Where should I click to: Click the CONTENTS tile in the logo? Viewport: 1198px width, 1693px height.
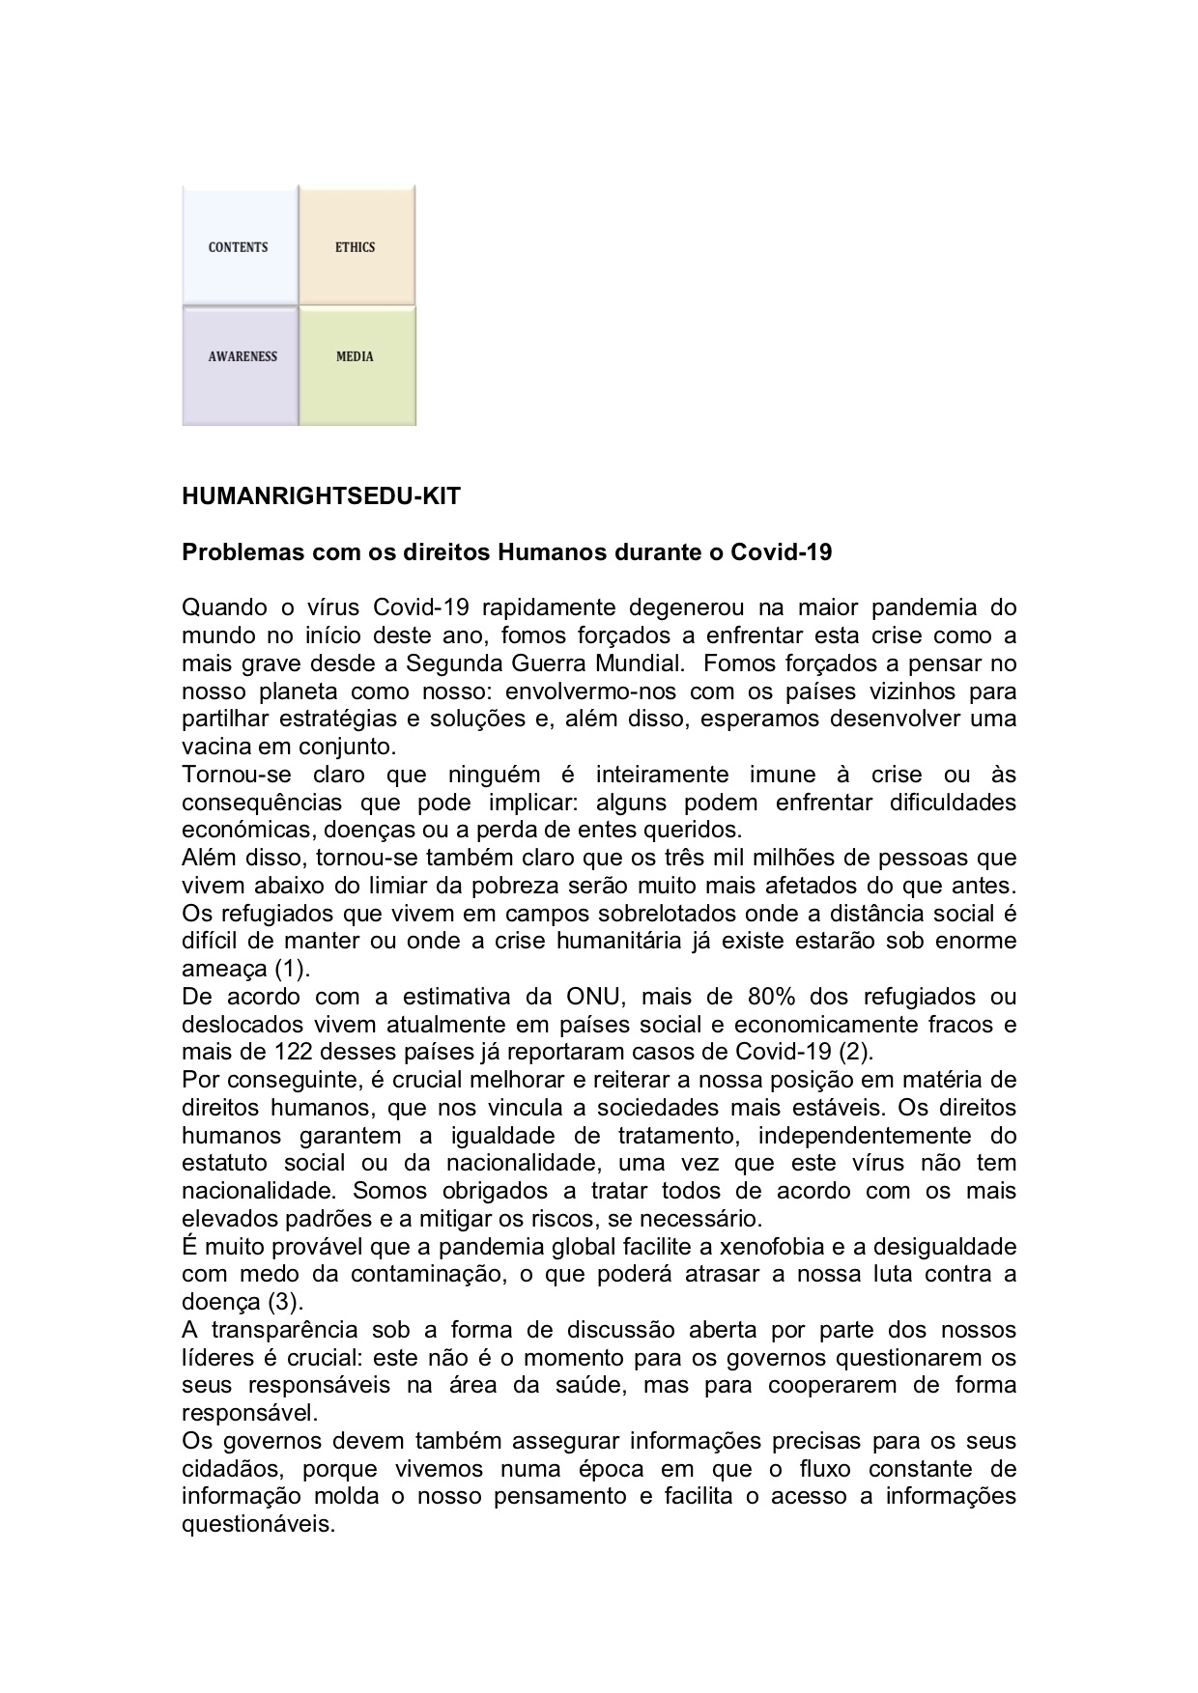(239, 247)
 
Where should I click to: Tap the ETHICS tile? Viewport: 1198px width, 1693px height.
(356, 247)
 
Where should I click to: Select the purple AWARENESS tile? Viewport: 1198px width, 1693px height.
(242, 357)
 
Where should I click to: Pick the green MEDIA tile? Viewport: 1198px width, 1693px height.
(356, 357)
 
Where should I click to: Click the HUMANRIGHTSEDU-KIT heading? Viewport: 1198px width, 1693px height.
(322, 497)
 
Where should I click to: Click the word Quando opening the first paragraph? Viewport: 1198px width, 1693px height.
(224, 607)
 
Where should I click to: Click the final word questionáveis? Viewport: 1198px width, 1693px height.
(258, 1525)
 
